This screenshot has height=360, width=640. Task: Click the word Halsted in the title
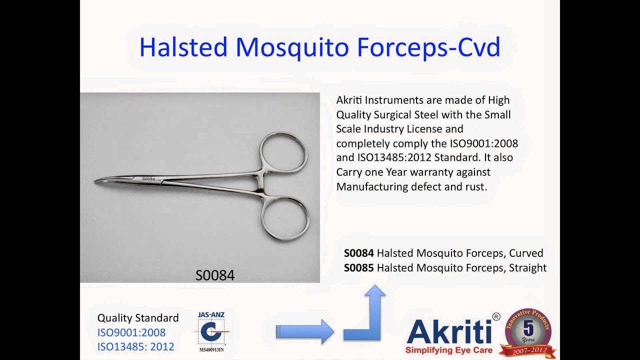[183, 47]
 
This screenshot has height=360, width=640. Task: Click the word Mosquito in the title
[292, 47]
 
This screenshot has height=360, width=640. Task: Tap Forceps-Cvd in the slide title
[428, 47]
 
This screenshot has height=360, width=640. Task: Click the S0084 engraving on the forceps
[148, 178]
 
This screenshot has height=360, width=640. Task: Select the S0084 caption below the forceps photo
[214, 275]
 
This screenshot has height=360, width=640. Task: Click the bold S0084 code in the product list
[358, 253]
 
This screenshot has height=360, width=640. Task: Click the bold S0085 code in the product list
[358, 267]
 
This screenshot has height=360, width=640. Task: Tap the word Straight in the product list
[527, 267]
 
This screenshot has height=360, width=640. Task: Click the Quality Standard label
[137, 318]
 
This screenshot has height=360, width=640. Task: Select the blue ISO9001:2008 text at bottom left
[131, 332]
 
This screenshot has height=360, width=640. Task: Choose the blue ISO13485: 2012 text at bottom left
[135, 346]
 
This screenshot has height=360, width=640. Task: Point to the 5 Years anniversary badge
[528, 332]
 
